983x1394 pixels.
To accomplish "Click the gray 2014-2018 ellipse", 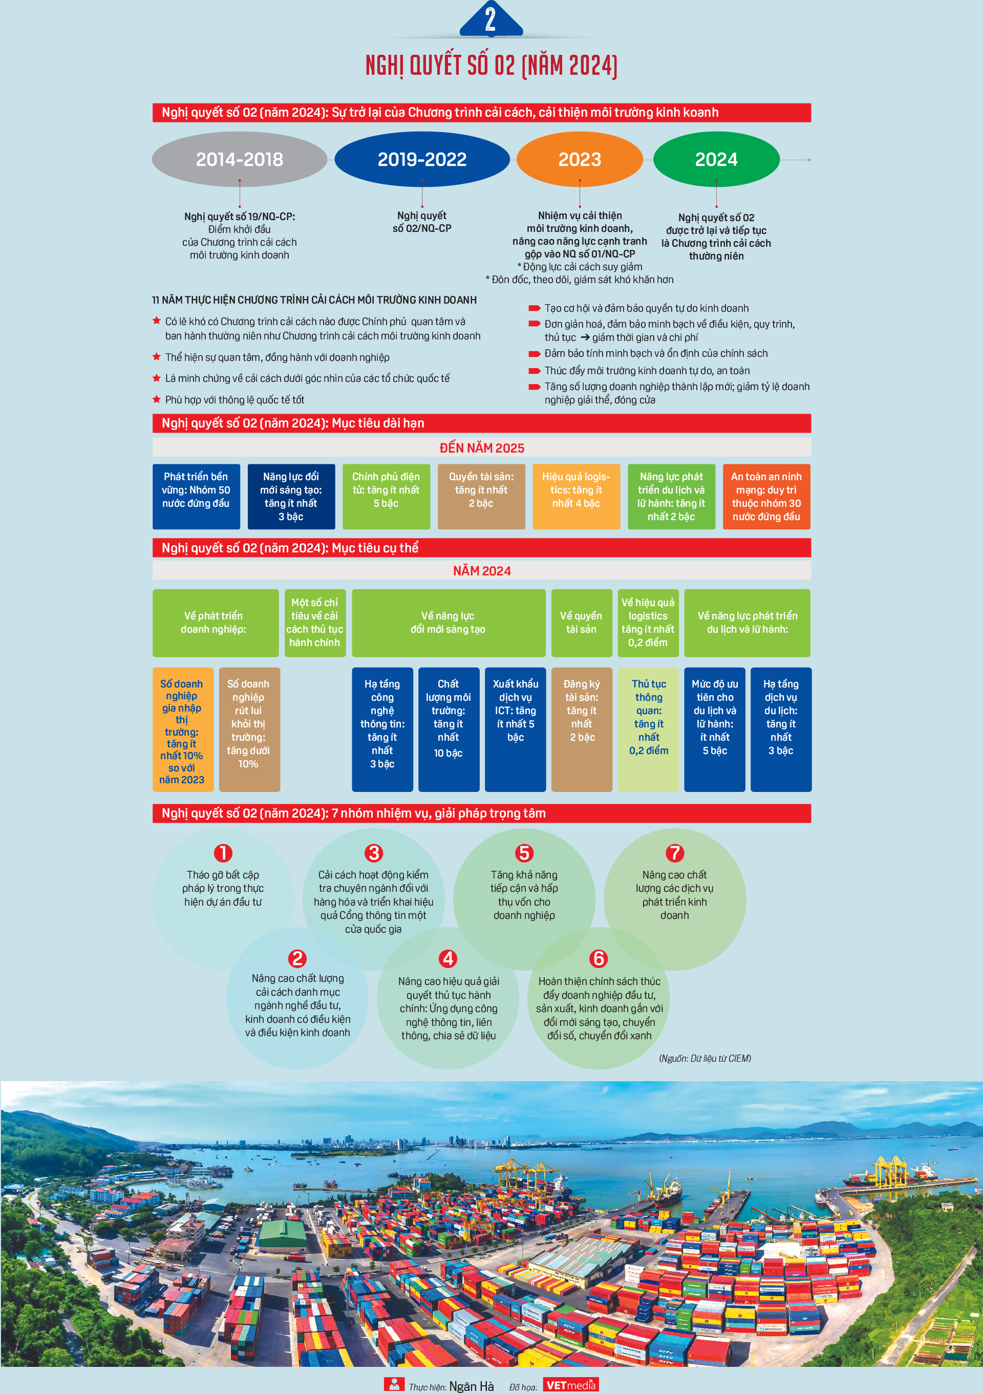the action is pyautogui.click(x=239, y=159).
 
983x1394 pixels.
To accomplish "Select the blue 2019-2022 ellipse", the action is pyautogui.click(x=422, y=159).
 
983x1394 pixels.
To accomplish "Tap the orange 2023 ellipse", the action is pyautogui.click(x=580, y=159).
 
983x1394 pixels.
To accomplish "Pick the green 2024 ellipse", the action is pyautogui.click(x=716, y=159).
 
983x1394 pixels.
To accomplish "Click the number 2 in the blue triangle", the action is pyautogui.click(x=490, y=19).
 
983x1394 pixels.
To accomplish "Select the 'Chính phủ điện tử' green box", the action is pyautogui.click(x=386, y=497).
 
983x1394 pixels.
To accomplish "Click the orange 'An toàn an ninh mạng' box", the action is pyautogui.click(x=766, y=497).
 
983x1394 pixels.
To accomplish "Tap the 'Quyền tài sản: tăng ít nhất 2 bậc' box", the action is pyautogui.click(x=481, y=497).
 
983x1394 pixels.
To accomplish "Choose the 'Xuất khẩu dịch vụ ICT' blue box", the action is pyautogui.click(x=516, y=729).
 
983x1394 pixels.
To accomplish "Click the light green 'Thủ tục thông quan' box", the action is pyautogui.click(x=649, y=729).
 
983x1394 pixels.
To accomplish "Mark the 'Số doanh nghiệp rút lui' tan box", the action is pyautogui.click(x=249, y=729).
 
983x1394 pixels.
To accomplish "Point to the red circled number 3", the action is pyautogui.click(x=373, y=853).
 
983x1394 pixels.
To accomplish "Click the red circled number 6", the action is pyautogui.click(x=599, y=959).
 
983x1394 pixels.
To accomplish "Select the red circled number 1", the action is pyautogui.click(x=223, y=853).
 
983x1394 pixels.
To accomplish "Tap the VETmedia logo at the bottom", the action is pyautogui.click(x=571, y=1385).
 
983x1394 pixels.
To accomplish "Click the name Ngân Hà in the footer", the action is pyautogui.click(x=471, y=1386).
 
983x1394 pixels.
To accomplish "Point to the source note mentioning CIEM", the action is pyautogui.click(x=705, y=1058).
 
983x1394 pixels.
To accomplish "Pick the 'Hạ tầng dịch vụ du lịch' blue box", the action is pyautogui.click(x=781, y=729).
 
